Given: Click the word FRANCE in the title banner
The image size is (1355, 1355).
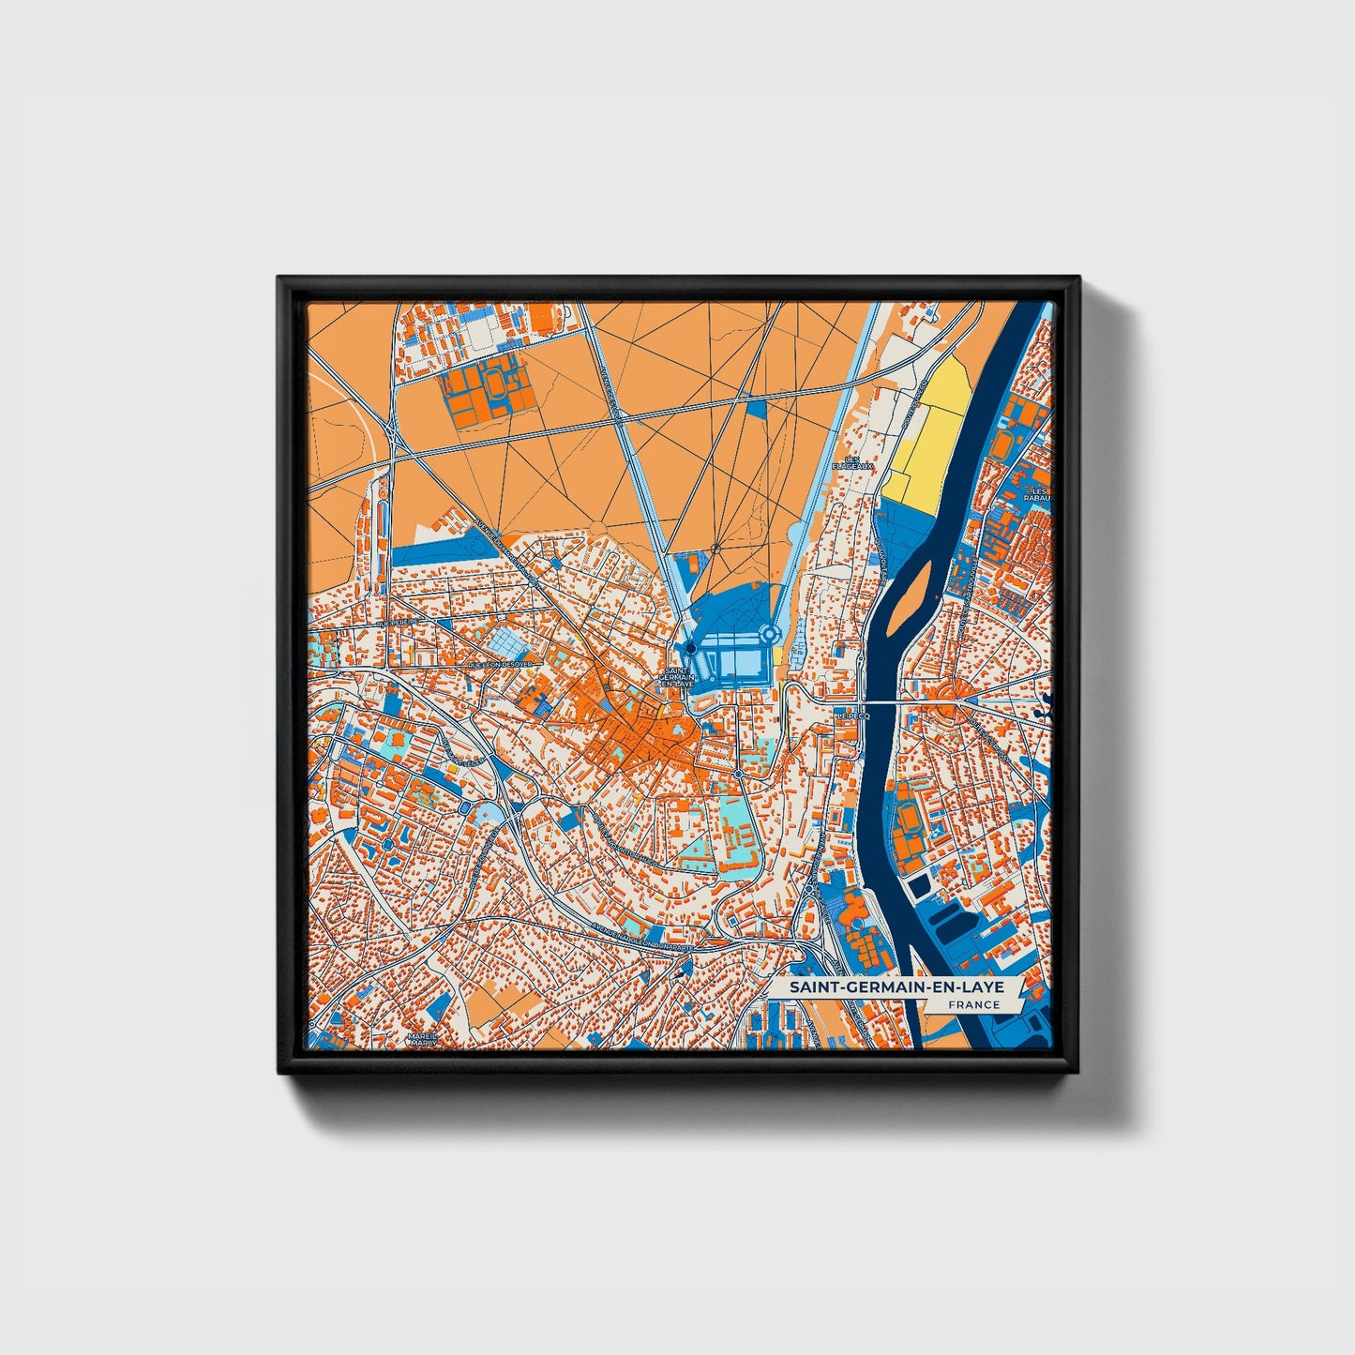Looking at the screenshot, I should click(x=972, y=1004).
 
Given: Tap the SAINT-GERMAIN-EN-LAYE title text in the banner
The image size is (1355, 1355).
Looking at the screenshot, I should click(x=896, y=987).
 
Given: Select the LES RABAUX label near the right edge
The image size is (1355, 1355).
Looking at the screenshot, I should click(x=1038, y=494).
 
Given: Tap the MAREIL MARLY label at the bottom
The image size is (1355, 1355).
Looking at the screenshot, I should click(x=421, y=1039).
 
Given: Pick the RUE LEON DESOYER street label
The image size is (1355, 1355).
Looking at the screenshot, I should click(x=499, y=664).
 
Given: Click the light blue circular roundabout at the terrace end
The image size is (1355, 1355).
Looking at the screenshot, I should click(x=770, y=635).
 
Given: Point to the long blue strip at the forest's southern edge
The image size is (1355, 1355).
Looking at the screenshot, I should click(x=441, y=554).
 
